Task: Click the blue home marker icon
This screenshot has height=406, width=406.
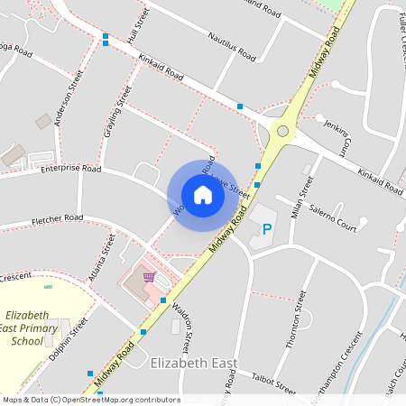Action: coord(203,195)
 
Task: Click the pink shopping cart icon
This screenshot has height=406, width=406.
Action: coord(149,276)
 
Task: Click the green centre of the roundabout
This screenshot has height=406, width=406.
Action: coord(282,132)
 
